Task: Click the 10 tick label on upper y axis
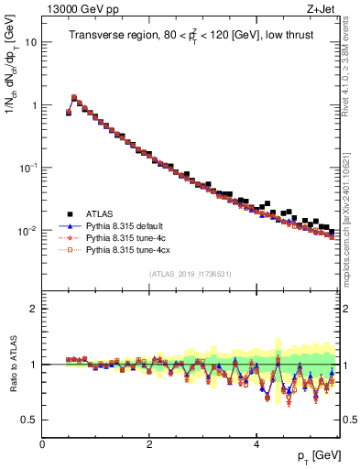(x=29, y=42)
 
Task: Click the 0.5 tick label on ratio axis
(x=29, y=420)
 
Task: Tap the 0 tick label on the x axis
(x=42, y=443)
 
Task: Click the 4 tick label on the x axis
(x=256, y=443)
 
